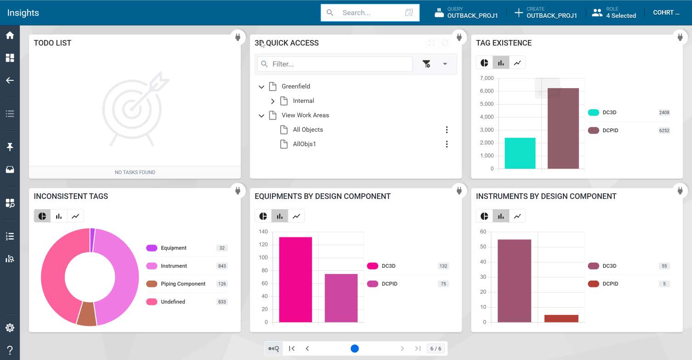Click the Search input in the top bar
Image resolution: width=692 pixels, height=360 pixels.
point(370,13)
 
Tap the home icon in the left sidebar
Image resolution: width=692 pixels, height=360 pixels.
point(10,35)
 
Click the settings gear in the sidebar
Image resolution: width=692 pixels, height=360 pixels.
point(10,327)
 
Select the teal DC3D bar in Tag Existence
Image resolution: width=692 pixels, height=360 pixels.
point(520,153)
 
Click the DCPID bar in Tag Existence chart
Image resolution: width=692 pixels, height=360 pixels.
point(563,129)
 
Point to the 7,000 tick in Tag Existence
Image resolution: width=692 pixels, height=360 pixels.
point(487,78)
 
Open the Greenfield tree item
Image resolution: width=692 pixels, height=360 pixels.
point(295,86)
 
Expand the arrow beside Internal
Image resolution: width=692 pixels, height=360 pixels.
point(272,101)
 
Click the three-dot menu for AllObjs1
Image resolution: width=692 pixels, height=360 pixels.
point(447,144)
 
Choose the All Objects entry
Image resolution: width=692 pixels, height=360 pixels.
point(308,129)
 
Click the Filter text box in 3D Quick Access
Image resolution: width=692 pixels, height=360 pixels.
point(335,64)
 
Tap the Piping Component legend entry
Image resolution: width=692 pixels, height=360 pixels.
point(183,284)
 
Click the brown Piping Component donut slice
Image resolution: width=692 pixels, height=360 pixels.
point(87,314)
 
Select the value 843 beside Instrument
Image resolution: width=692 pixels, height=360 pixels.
point(222,266)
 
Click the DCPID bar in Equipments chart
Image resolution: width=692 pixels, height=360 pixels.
point(341,298)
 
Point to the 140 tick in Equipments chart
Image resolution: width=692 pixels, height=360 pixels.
point(263,231)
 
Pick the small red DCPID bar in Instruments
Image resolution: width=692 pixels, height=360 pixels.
point(561,318)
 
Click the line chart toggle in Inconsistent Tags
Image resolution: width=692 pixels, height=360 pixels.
point(75,216)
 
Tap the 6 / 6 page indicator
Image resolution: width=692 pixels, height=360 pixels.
point(436,349)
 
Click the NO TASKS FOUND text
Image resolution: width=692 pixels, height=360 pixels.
point(135,172)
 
